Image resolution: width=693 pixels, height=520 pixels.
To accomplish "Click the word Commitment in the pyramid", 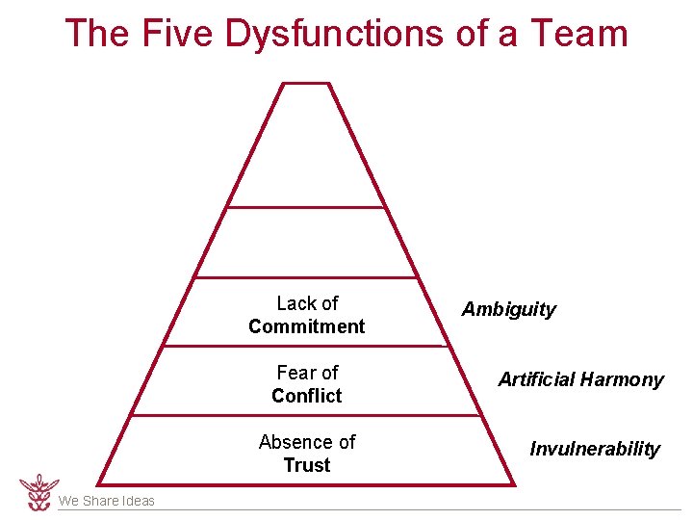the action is pyautogui.click(x=307, y=326).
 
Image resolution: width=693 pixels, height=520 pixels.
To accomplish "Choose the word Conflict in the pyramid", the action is pyautogui.click(x=307, y=396).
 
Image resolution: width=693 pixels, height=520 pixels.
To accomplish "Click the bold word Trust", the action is pyautogui.click(x=307, y=465).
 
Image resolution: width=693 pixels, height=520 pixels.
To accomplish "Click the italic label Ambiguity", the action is pyautogui.click(x=508, y=309).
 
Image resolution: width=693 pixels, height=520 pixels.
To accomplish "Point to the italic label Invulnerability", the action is pyautogui.click(x=595, y=449).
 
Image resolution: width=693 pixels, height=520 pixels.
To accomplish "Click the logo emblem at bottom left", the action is pyautogui.click(x=38, y=491).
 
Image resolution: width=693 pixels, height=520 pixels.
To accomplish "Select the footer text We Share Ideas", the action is pyautogui.click(x=106, y=501).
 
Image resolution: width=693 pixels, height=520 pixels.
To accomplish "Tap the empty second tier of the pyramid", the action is pyautogui.click(x=306, y=244).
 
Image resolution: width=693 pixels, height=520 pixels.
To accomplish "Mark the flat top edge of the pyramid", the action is pyautogui.click(x=306, y=84).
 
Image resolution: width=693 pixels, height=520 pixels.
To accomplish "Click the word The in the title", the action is pyautogui.click(x=97, y=34).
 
